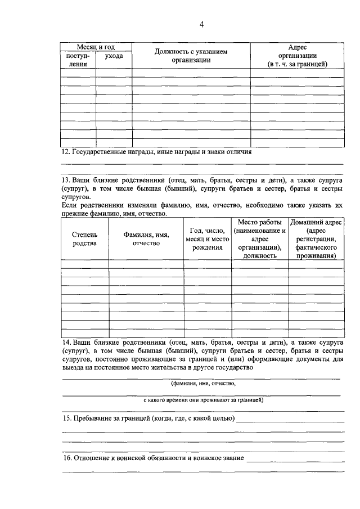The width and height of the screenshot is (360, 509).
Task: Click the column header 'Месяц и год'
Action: point(96,47)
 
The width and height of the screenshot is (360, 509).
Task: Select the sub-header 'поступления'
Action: point(78,60)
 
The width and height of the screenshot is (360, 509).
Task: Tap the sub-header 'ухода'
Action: point(114,56)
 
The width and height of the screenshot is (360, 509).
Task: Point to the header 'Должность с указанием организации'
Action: point(191,56)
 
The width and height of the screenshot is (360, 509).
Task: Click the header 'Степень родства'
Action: point(84,238)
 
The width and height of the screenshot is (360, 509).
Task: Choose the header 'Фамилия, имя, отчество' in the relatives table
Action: point(146,238)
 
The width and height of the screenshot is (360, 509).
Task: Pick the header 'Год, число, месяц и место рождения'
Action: point(207,238)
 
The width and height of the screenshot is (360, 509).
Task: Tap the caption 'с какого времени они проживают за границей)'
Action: point(203,401)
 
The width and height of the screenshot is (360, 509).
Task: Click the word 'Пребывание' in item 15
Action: point(92,419)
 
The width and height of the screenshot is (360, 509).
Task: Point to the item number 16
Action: point(65,458)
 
